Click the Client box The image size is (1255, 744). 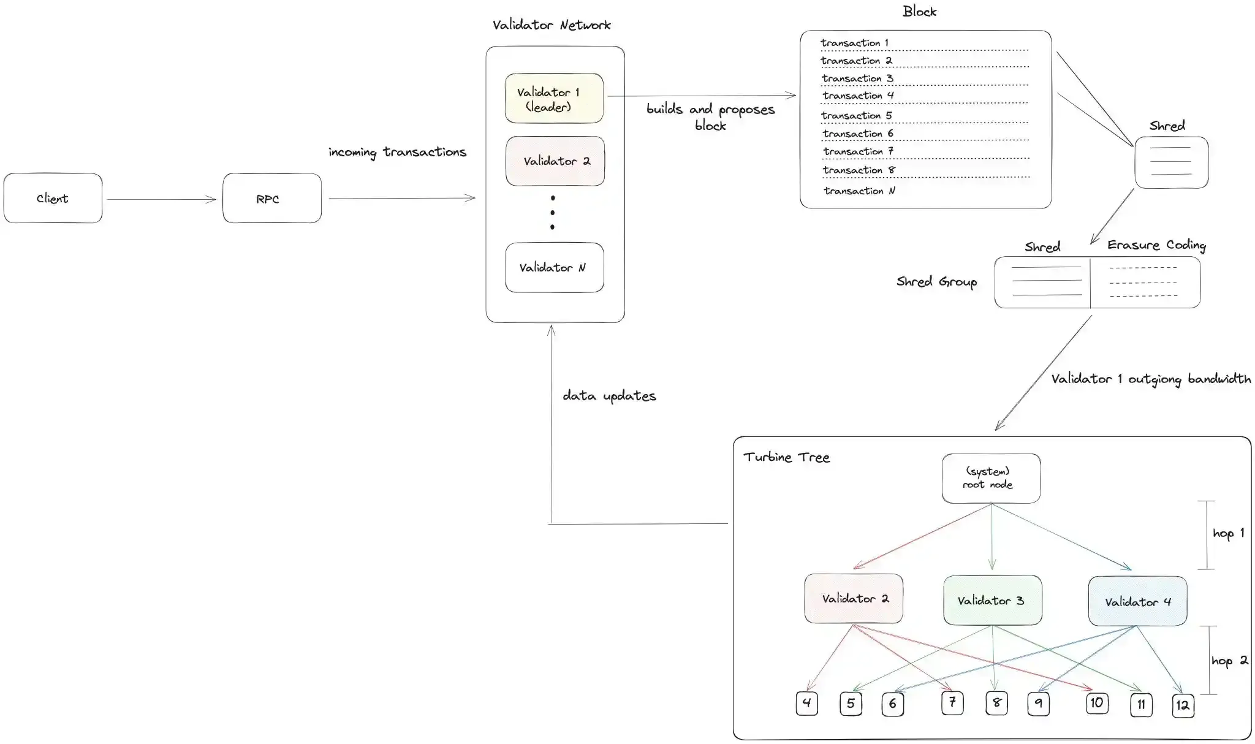tap(53, 198)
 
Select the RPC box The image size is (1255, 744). tap(271, 198)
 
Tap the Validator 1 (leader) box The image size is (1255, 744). tap(554, 99)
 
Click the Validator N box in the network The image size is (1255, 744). tap(554, 267)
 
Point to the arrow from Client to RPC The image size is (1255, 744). tap(161, 199)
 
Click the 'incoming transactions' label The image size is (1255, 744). tap(397, 152)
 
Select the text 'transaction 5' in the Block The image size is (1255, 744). tap(856, 115)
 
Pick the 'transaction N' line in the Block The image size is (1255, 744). tap(859, 191)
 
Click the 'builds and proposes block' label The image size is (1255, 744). tap(710, 116)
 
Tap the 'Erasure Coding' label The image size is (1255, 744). tap(1156, 245)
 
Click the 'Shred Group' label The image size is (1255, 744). tap(936, 281)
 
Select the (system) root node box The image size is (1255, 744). tap(990, 478)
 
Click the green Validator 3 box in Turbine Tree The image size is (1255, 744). tap(992, 600)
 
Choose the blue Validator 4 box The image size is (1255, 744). tap(1137, 601)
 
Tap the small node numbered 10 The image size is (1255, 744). tap(1096, 702)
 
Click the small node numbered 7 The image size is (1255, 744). tap(952, 702)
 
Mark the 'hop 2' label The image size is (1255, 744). tap(1229, 661)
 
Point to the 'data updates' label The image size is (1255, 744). tap(609, 396)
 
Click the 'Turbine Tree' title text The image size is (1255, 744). tap(786, 457)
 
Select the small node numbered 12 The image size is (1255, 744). tap(1182, 705)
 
